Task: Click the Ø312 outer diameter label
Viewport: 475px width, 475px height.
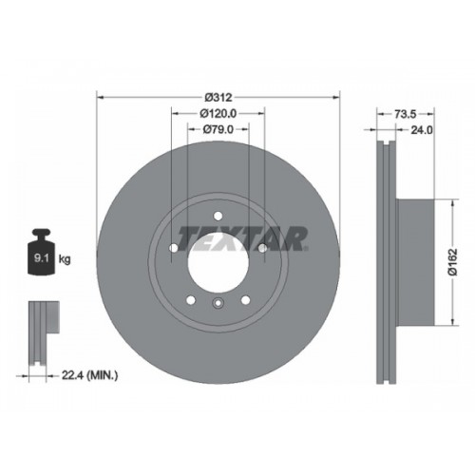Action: [218, 97]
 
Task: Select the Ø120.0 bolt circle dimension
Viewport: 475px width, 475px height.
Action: [218, 113]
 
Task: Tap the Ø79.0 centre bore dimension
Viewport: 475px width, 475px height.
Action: [218, 129]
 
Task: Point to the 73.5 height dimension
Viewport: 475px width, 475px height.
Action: [406, 114]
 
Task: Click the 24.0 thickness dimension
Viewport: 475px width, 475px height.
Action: [422, 130]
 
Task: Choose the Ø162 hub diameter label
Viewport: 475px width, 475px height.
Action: [453, 262]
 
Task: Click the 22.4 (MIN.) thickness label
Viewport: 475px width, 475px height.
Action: [89, 375]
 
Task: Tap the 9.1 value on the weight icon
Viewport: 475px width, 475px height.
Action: [41, 258]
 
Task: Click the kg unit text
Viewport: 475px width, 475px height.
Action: [65, 259]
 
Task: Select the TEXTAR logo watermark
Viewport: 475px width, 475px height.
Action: [243, 238]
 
